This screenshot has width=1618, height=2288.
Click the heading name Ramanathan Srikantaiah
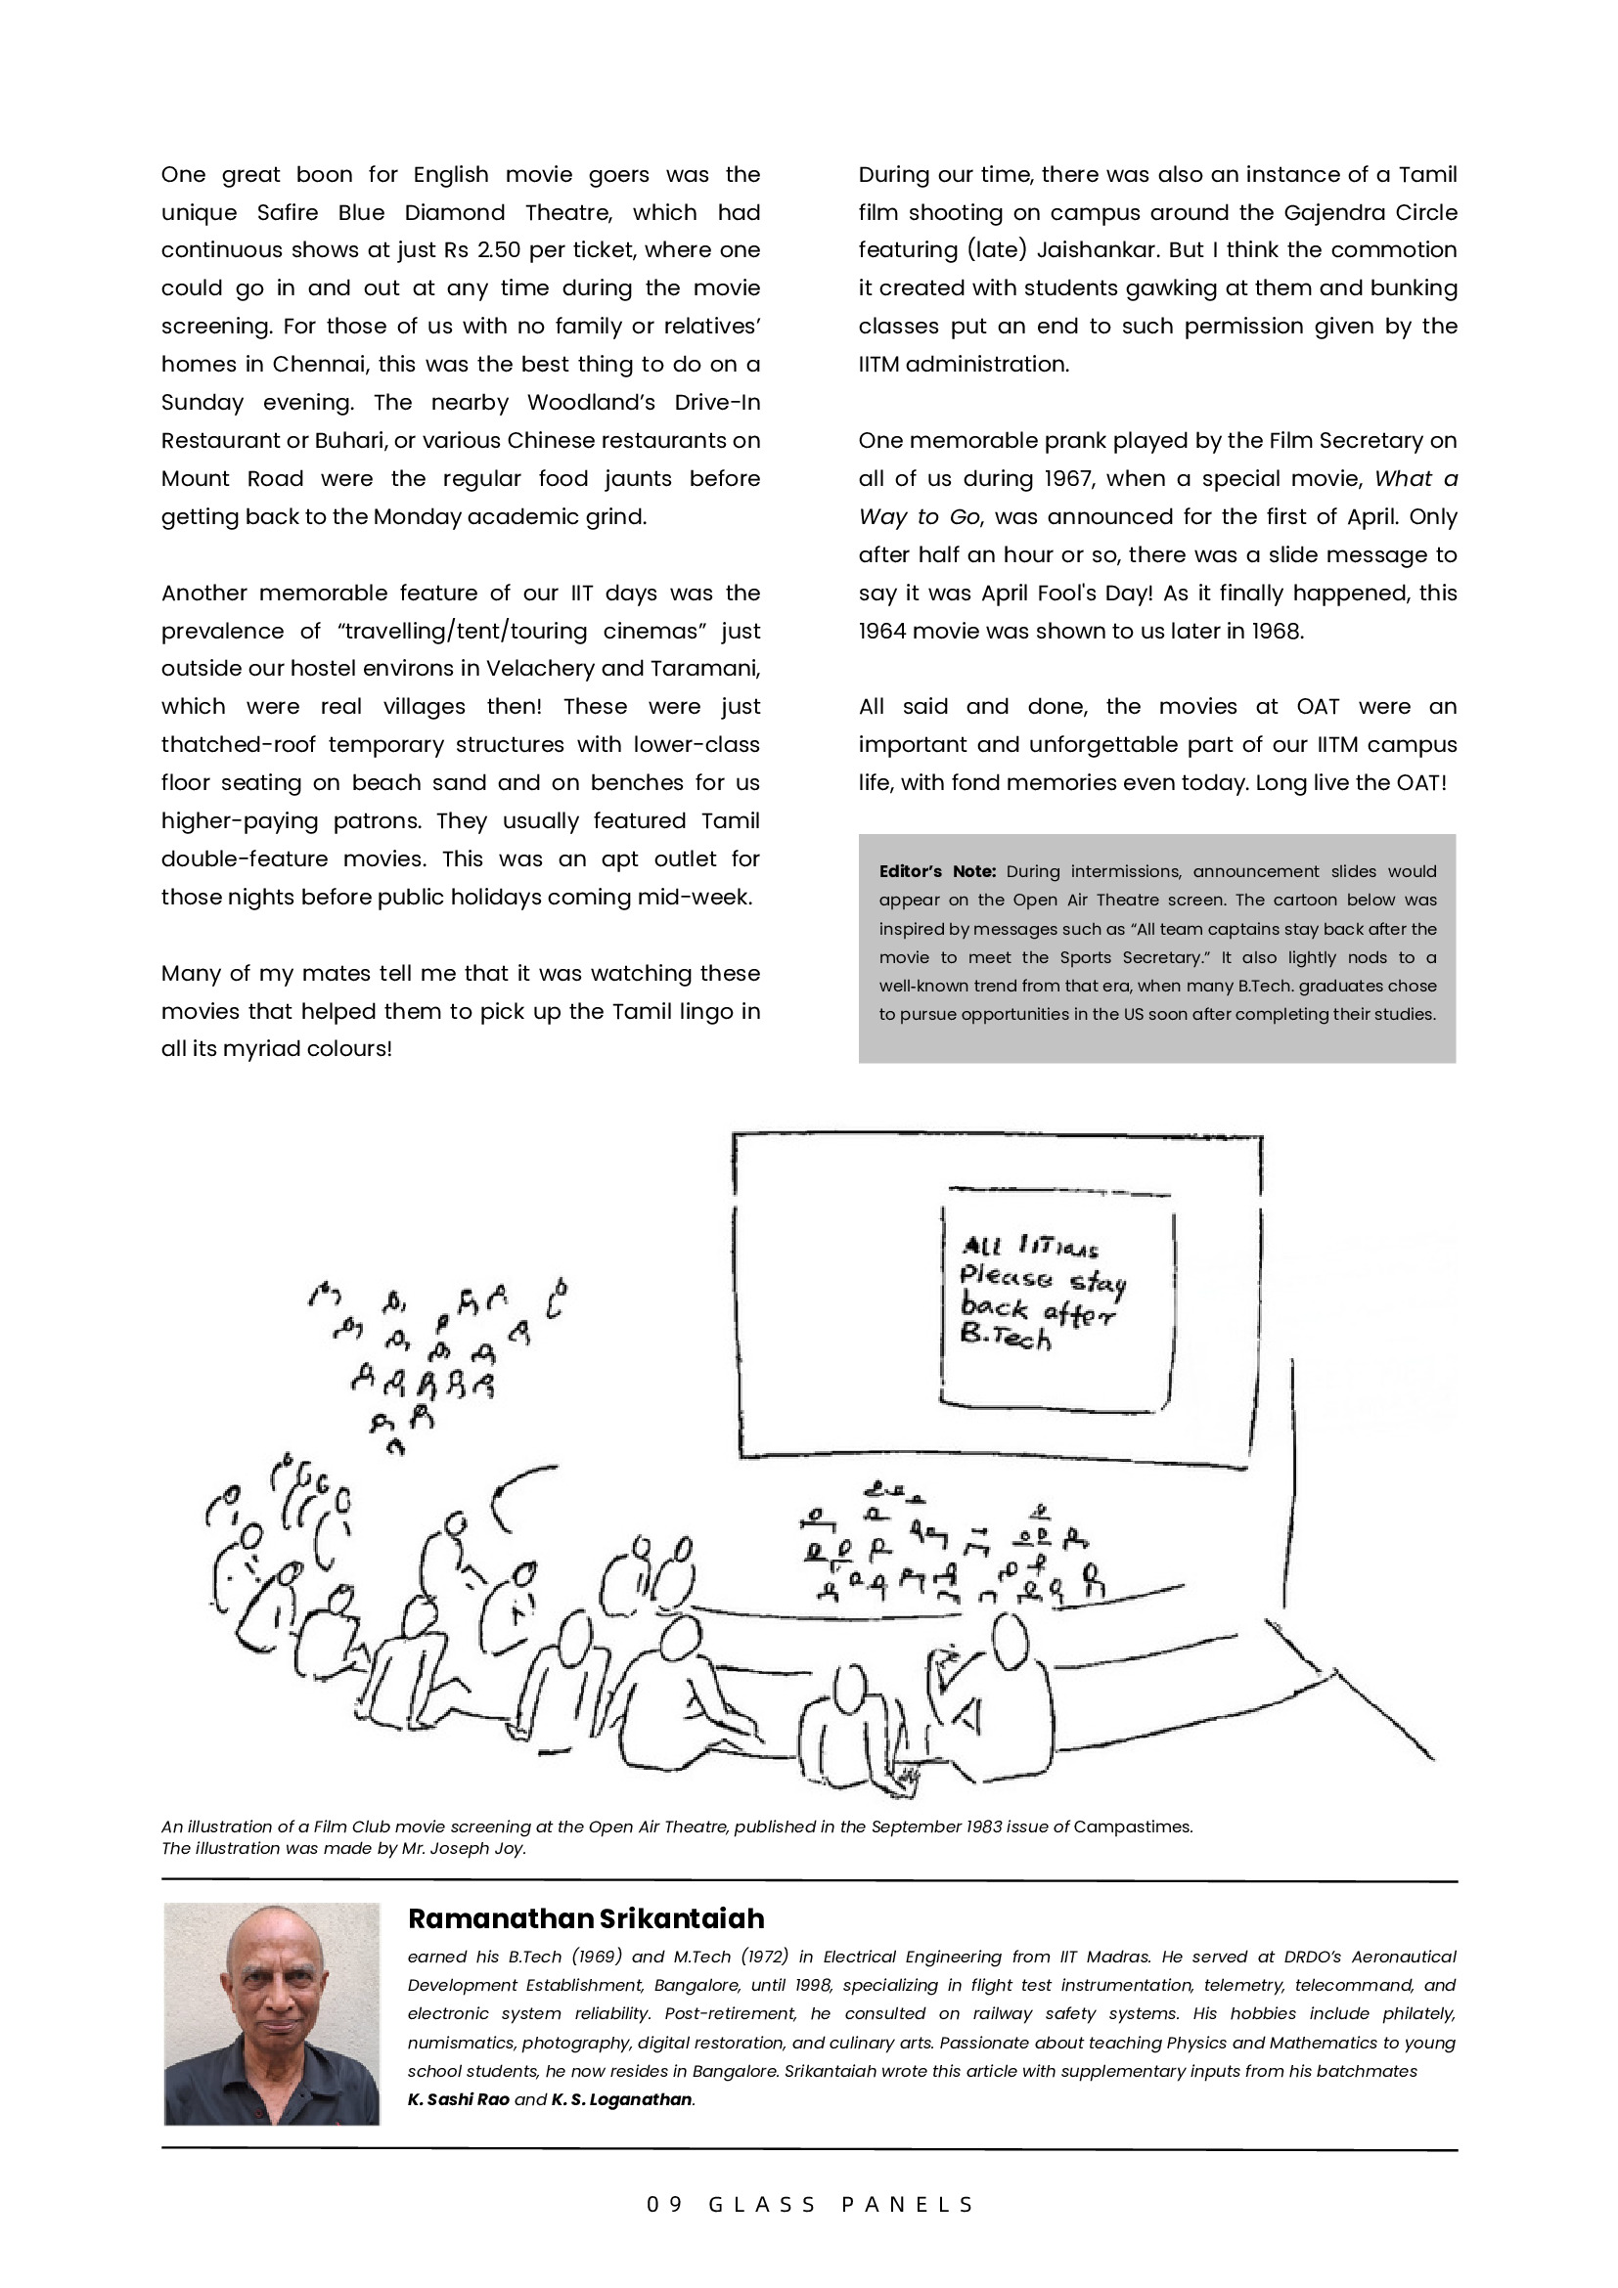tap(585, 1919)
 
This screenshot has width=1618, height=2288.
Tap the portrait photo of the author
tap(271, 2013)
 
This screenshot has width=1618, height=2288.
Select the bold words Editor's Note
tap(937, 871)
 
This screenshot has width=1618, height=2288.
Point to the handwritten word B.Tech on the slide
tap(1005, 1337)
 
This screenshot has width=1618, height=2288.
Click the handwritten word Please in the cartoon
tap(1005, 1277)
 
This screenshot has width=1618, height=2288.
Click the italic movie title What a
tap(1416, 478)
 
